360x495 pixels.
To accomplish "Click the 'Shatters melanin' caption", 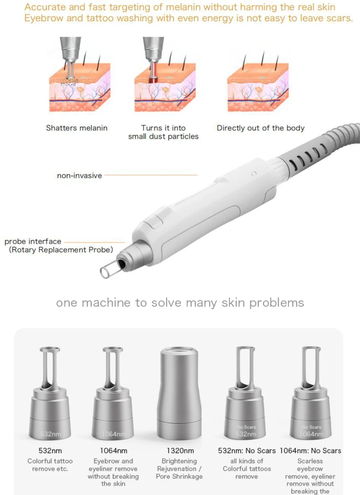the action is (77, 128).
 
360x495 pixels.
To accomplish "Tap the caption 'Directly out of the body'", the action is (261, 128).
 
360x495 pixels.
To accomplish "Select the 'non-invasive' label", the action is (80, 176).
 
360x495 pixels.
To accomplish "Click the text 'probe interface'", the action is (33, 242).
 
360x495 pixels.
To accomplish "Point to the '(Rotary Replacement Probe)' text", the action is (61, 250).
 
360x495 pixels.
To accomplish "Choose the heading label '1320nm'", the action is (180, 451).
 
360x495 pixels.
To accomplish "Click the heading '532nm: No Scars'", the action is (247, 451).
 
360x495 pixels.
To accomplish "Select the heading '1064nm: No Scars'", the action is (310, 451).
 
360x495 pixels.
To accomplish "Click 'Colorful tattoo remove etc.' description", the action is (50, 465).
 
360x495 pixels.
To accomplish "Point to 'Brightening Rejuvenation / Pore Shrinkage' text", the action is (179, 469).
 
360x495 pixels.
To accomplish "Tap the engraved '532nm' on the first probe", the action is (51, 434).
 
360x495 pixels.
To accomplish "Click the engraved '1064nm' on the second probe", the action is (113, 434).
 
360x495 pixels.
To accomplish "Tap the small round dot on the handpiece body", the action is (254, 174).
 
